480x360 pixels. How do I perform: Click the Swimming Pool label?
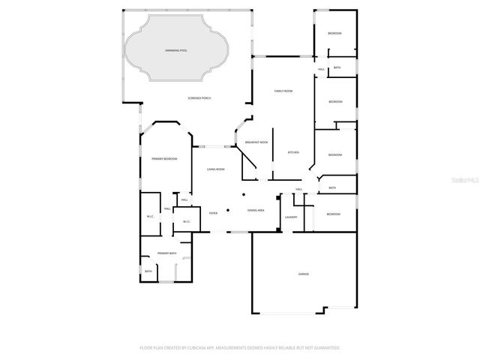[176, 50]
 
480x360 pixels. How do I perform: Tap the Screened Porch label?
[199, 98]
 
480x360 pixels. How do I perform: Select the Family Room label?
[283, 91]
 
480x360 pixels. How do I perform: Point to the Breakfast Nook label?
[256, 142]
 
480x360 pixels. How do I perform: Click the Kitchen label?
[293, 152]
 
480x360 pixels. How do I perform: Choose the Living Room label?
[215, 169]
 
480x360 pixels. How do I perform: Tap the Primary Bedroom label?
[164, 159]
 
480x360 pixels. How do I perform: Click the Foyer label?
[214, 213]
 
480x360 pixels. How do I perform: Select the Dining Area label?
[256, 211]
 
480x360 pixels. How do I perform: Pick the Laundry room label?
[291, 217]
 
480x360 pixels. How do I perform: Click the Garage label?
[304, 274]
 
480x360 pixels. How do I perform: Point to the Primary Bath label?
[166, 254]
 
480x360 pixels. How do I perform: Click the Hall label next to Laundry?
[298, 190]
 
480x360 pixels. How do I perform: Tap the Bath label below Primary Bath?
[148, 271]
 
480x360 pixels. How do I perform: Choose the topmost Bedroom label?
[334, 34]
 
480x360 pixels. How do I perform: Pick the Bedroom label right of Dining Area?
[333, 214]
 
